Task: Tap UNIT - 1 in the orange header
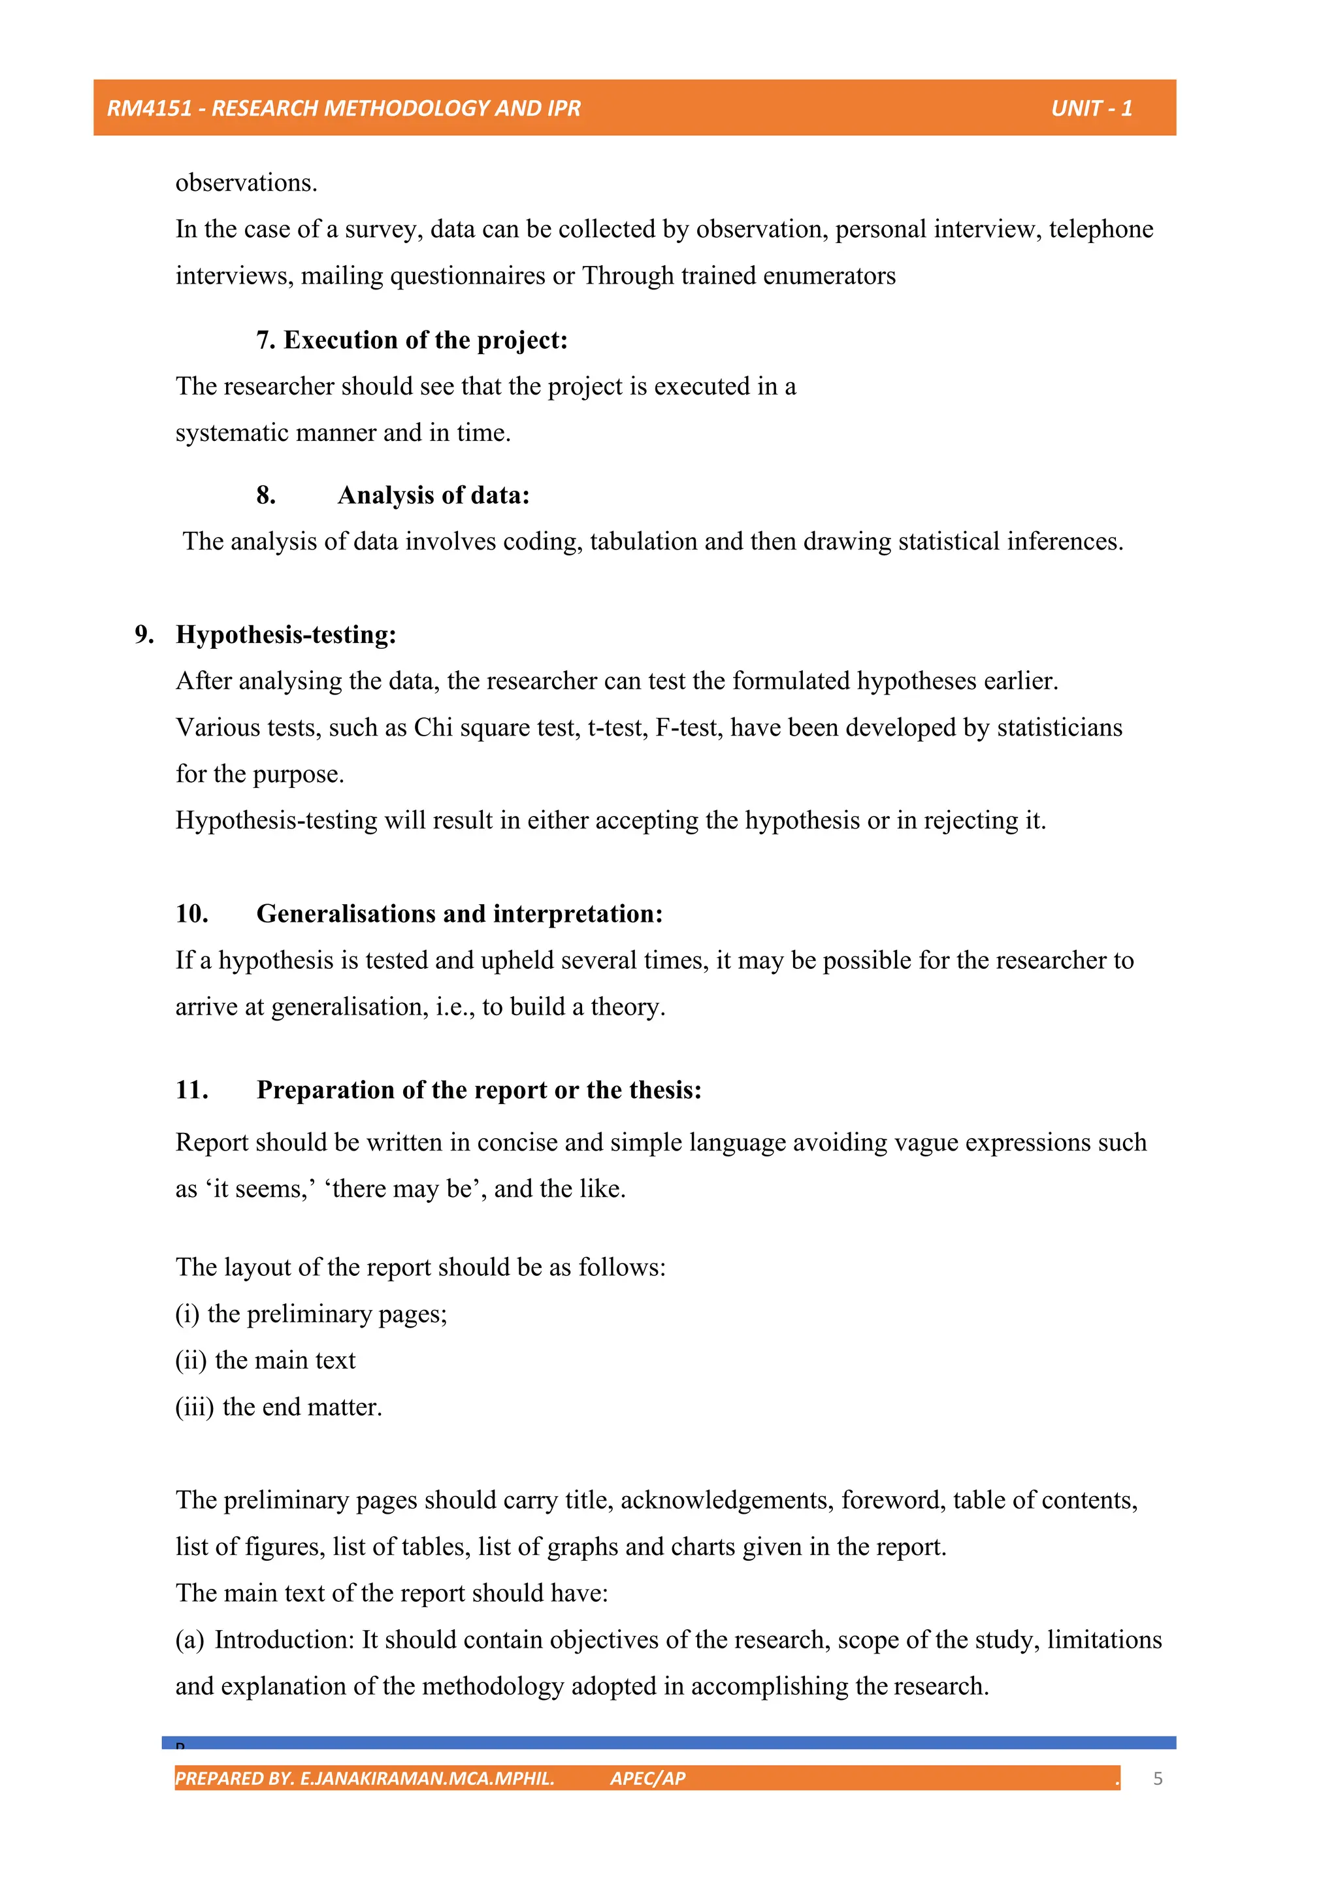coord(1091,108)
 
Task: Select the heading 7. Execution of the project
coord(412,340)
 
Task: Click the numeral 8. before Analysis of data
coord(265,495)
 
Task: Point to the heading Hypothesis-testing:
coord(286,634)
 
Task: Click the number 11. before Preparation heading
coord(191,1090)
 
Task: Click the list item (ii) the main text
coord(265,1360)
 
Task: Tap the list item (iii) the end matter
coord(278,1407)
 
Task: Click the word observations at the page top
coord(246,183)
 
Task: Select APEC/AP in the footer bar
coord(647,1778)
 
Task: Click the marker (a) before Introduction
coord(189,1640)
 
